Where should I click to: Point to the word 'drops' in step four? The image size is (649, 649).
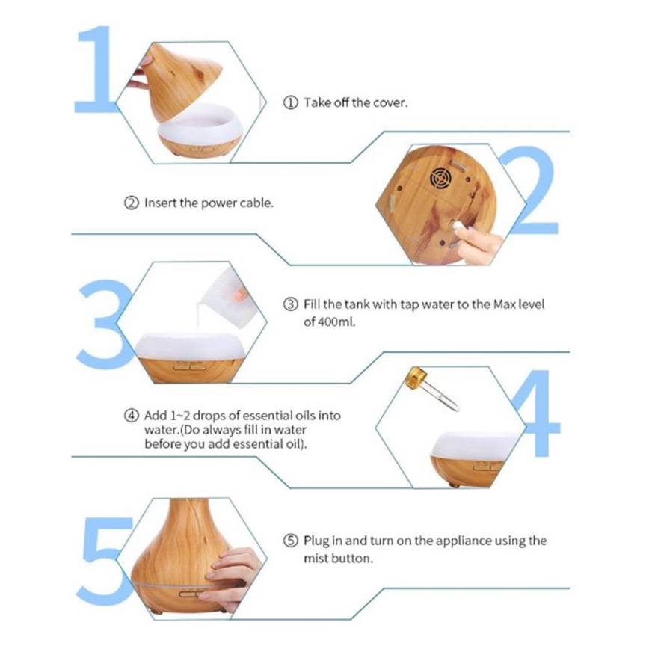tap(209, 416)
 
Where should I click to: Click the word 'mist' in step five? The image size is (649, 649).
tap(316, 559)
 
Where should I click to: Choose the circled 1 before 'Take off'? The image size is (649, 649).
tap(291, 102)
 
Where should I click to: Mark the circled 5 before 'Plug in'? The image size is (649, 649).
tap(291, 541)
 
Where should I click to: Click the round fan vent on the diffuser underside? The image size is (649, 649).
tap(440, 179)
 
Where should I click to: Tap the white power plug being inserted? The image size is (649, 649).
tap(457, 227)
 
